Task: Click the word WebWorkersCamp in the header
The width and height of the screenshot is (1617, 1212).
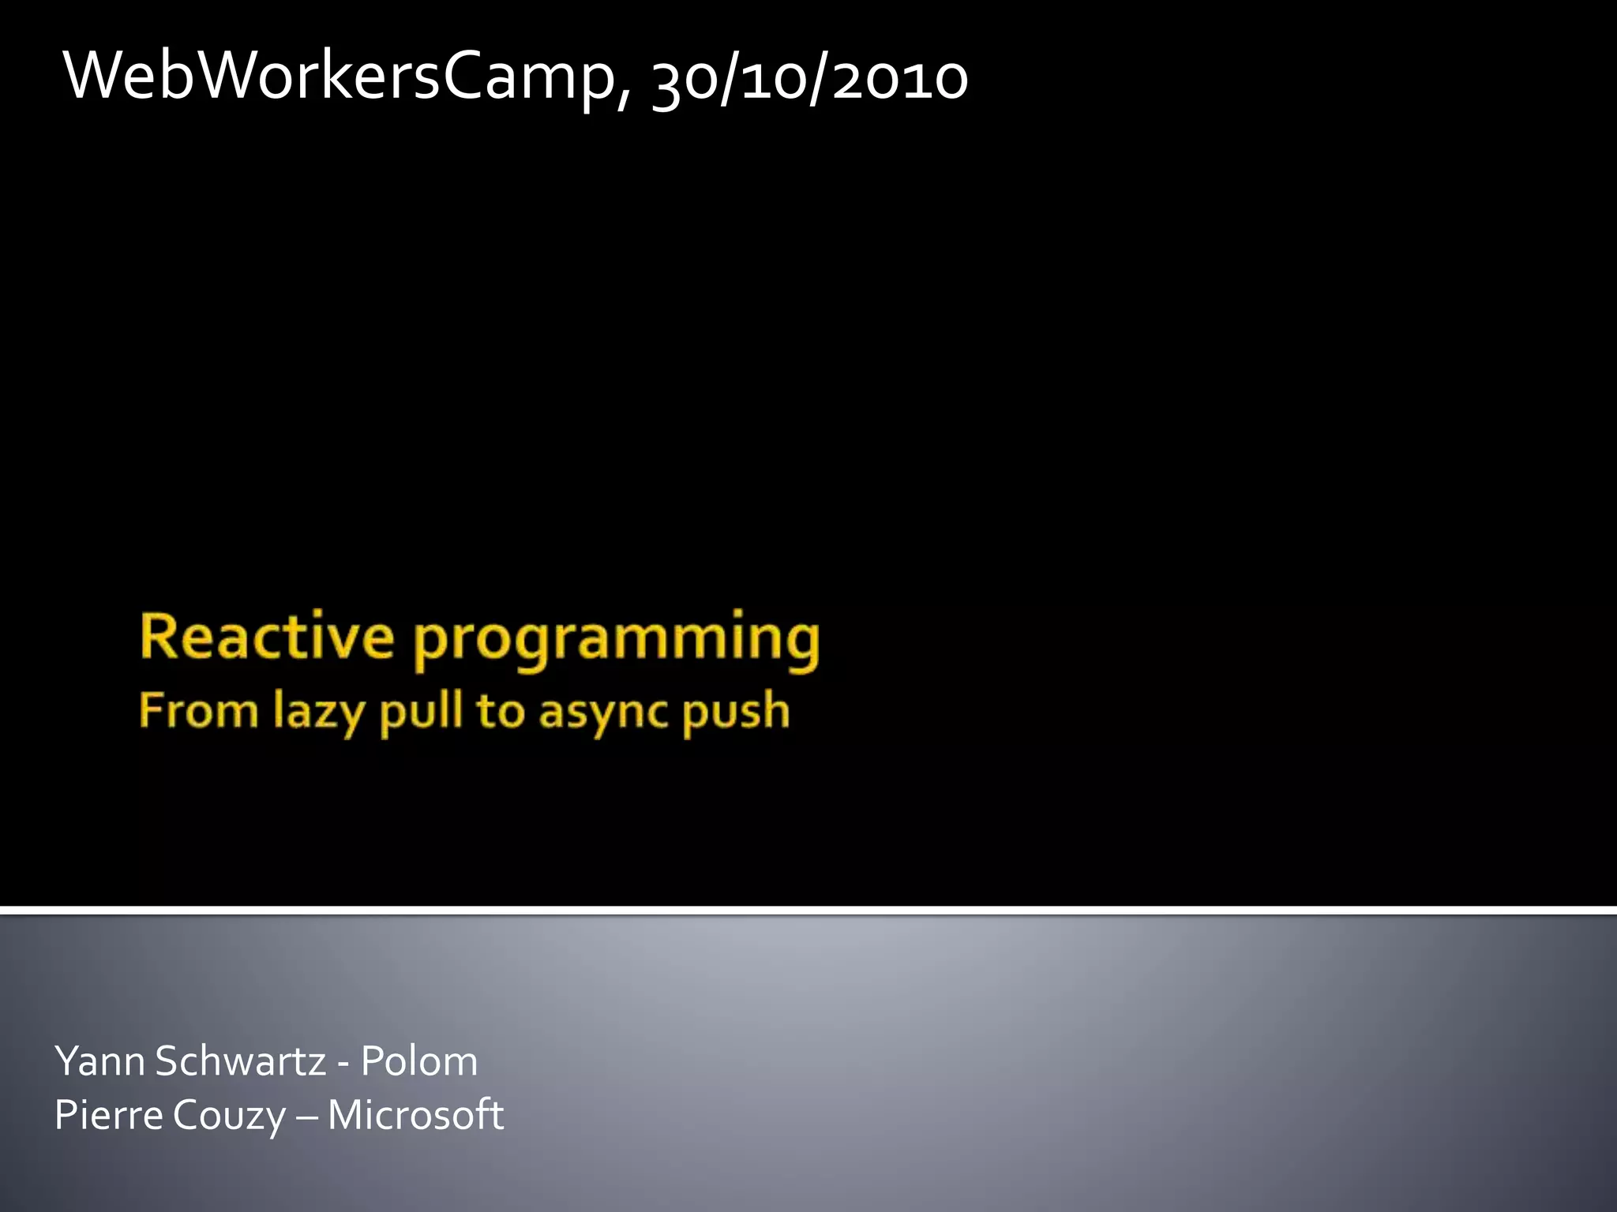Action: pos(340,77)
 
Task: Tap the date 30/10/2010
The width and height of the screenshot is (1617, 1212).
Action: pos(810,80)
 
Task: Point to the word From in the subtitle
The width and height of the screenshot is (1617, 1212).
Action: pos(198,710)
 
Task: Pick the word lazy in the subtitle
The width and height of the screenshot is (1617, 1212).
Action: pos(319,712)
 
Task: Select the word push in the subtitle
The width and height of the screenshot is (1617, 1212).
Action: pos(736,712)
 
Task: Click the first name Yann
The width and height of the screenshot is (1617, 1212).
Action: pos(99,1060)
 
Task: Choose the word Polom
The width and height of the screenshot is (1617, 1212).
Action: pos(419,1060)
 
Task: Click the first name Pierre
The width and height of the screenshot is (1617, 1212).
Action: pos(108,1115)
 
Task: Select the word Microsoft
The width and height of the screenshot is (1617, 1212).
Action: pos(415,1115)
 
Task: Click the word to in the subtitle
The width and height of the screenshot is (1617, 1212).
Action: pos(500,712)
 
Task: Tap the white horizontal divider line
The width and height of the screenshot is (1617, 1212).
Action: pos(808,911)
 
